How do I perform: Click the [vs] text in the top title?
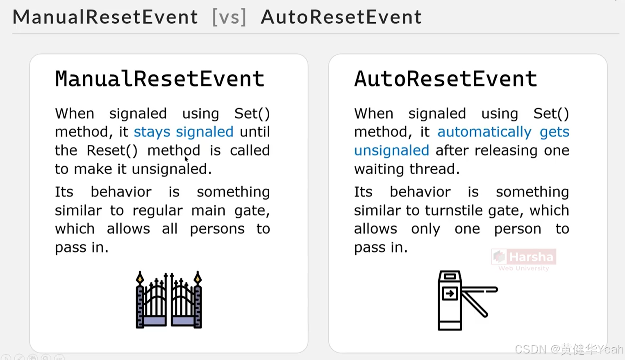pos(229,17)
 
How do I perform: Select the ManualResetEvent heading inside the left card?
pos(159,79)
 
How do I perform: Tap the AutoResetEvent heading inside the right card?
pos(445,79)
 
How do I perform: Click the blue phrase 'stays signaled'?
pos(184,132)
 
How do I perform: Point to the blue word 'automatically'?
pos(484,132)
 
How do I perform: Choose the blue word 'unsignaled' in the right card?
pos(391,150)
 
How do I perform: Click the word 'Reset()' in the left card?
pos(112,150)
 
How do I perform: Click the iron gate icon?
pos(169,300)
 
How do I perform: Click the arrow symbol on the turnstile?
pos(450,294)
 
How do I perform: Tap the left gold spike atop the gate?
pos(140,278)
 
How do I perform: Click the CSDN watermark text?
pos(569,349)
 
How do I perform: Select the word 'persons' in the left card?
pos(217,229)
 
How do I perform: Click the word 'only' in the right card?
pos(425,229)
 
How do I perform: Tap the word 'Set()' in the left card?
pos(252,114)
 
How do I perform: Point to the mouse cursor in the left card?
pos(186,159)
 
